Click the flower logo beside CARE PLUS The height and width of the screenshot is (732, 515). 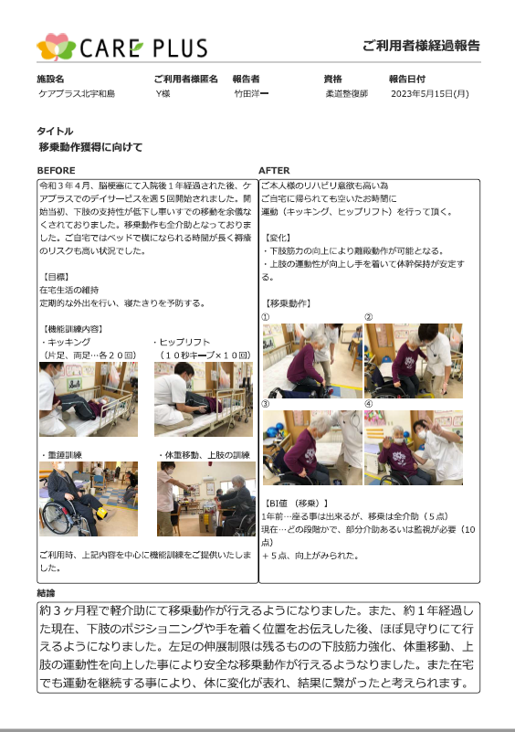point(56,47)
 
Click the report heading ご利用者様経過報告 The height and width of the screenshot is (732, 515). point(421,46)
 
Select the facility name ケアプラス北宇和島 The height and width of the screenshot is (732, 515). point(77,93)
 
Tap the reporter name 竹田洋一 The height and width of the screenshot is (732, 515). point(251,93)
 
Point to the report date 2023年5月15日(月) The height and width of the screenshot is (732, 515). point(430,93)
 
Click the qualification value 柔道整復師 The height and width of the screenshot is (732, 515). point(347,93)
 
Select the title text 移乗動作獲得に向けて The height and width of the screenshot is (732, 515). point(90,147)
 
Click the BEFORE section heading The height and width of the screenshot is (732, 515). point(56,170)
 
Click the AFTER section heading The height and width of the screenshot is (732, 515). point(274,170)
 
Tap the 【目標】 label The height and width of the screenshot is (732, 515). point(55,277)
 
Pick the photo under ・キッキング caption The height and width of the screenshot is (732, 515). point(89,399)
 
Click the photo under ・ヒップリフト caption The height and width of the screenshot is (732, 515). point(204,399)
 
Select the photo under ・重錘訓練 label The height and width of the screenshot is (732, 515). point(89,499)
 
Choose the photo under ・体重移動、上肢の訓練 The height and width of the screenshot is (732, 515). point(206,499)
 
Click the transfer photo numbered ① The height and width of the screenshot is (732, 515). point(312,361)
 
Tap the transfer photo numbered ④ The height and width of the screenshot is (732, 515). point(414,448)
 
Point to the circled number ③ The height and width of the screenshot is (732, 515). point(266,404)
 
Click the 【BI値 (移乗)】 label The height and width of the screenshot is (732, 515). point(296,504)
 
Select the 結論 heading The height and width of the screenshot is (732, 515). point(46,593)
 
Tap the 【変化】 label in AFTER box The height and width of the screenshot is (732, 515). point(278,238)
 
